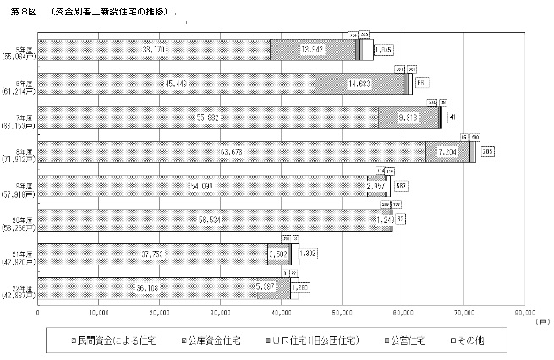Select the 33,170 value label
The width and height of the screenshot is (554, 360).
[154, 50]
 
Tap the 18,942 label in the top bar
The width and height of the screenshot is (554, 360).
[313, 50]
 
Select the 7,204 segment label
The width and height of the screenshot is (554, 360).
[447, 152]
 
